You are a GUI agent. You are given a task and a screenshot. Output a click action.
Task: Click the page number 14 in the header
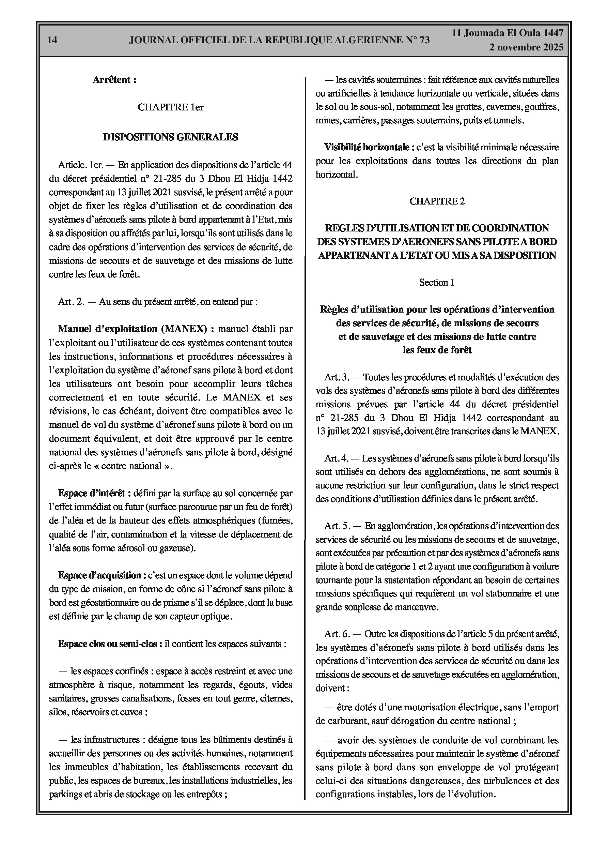coord(52,40)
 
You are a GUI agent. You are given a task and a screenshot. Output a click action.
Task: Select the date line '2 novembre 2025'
coord(526,47)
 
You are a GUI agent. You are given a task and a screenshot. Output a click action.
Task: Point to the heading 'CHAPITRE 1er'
coord(171,107)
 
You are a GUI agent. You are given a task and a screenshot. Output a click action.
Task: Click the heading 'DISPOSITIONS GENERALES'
coord(171,137)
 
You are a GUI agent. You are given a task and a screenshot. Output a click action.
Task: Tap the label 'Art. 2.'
coord(71,302)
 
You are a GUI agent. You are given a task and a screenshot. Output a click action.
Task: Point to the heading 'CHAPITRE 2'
coord(437,201)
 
